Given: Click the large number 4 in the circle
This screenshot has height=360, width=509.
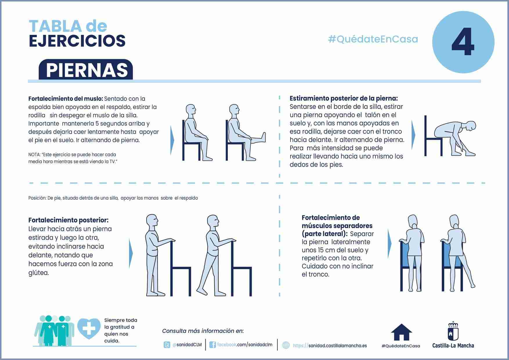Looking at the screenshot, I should point(463,42).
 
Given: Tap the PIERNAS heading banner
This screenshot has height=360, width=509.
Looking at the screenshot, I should point(86,70).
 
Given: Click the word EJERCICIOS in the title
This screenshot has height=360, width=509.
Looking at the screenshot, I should point(77,41).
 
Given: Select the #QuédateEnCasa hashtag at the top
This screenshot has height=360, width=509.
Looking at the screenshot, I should point(373,39).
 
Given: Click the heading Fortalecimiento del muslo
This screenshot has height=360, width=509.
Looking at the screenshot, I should point(66,99).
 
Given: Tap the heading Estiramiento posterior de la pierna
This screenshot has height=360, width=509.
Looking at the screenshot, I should point(344,98).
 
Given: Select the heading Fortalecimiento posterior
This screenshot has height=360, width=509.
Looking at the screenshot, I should point(68,220).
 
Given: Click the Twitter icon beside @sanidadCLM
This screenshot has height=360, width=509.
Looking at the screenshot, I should point(167,345).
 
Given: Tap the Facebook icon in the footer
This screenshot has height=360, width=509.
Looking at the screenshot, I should point(212,345).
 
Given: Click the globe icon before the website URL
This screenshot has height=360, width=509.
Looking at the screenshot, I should point(286,345).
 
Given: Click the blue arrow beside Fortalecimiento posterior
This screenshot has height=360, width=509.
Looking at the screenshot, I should point(131,253).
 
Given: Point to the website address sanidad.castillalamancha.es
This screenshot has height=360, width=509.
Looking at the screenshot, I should point(330,345).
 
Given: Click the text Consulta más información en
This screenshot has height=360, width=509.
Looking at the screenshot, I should point(203,331).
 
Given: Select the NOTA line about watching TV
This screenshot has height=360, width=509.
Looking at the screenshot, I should point(73,158).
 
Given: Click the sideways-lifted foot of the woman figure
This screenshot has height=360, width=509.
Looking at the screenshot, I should point(473,286).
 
